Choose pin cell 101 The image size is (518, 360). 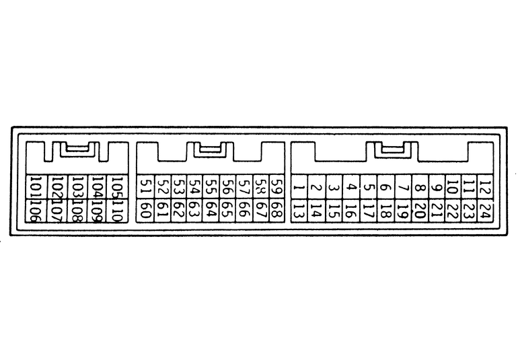click(36, 187)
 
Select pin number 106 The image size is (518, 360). click(36, 211)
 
